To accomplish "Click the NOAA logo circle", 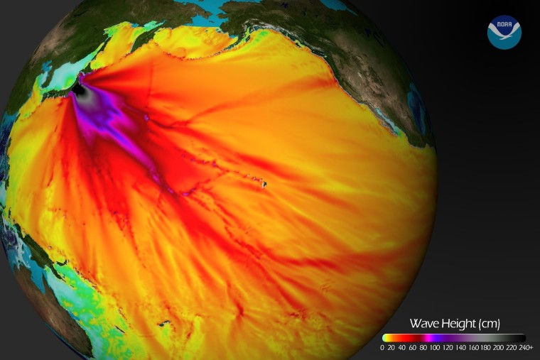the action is pyautogui.click(x=504, y=32).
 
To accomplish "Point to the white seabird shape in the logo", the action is pyautogui.click(x=504, y=36).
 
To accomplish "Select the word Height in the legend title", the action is pyautogui.click(x=455, y=324).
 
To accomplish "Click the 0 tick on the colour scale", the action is pyautogui.click(x=382, y=348).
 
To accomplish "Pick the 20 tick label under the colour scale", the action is pyautogui.click(x=394, y=348).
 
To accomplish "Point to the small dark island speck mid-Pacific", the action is pyautogui.click(x=264, y=184).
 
